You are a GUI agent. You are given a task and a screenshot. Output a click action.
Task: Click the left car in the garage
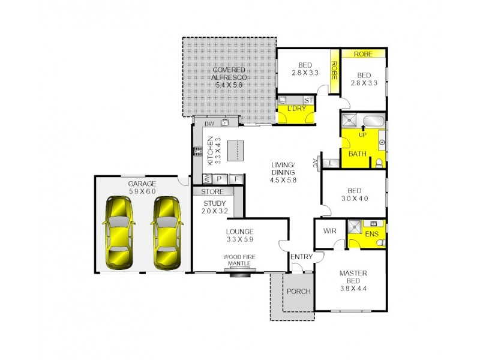click(119, 233)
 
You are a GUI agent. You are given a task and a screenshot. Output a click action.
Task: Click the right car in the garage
click(167, 233)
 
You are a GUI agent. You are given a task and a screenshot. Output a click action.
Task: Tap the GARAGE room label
click(142, 184)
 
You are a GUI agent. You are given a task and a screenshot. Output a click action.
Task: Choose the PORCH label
click(298, 292)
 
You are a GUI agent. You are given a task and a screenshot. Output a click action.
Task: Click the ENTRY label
click(301, 257)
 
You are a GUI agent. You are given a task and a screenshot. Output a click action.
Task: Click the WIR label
click(330, 230)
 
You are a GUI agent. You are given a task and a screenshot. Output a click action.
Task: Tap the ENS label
click(372, 234)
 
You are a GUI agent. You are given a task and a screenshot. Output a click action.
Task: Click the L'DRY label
click(296, 109)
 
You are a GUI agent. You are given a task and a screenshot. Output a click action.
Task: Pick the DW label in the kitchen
click(209, 124)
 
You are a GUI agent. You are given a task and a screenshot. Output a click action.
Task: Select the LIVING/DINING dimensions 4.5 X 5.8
click(283, 179)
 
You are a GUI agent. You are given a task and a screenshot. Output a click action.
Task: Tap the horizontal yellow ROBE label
click(363, 54)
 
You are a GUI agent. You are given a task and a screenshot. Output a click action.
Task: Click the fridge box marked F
click(236, 179)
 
